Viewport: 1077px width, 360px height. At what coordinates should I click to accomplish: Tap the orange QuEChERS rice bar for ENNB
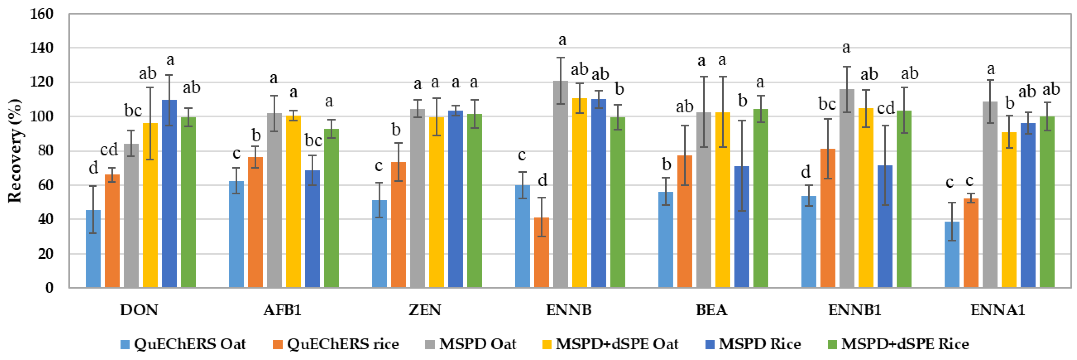coord(541,253)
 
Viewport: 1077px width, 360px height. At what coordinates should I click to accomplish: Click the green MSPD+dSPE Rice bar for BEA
coord(761,198)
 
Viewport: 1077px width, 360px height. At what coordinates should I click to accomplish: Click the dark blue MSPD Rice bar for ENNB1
coord(885,226)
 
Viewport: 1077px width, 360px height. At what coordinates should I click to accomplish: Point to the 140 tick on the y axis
coord(42,48)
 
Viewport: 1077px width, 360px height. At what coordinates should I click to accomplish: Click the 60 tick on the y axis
coord(45,185)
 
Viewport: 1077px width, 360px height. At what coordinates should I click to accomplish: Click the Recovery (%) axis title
coord(14,150)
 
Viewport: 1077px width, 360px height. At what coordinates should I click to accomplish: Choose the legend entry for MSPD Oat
coord(470,344)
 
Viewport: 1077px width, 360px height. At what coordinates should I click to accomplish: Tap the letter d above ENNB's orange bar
coord(542,180)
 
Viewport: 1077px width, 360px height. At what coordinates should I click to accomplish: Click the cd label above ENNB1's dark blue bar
coord(885,108)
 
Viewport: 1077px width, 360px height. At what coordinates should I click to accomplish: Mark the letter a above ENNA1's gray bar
coord(991,69)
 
